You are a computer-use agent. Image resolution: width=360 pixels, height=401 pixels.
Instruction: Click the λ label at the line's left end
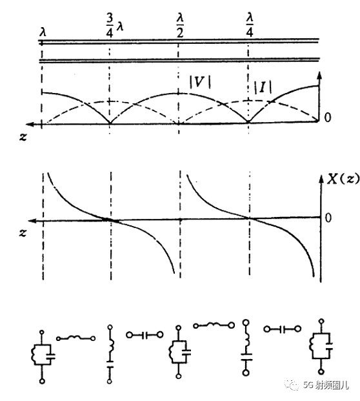point(43,32)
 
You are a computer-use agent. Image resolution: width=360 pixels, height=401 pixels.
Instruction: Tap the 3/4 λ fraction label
point(114,26)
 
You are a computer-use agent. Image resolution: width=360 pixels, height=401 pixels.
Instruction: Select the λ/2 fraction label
point(180,25)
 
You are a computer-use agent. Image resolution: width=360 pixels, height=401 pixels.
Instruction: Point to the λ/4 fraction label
point(250,25)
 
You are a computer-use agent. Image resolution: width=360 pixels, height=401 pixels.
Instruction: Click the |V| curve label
point(200,83)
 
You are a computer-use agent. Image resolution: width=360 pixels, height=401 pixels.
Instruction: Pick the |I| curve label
point(263,87)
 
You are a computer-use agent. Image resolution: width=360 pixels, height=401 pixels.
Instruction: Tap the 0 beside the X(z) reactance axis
point(328,218)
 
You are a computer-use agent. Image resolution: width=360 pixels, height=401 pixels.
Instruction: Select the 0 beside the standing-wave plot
point(327,118)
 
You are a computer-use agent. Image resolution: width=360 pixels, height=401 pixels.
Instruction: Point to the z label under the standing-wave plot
point(23,138)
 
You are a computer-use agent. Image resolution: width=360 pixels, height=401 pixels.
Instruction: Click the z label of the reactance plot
point(23,232)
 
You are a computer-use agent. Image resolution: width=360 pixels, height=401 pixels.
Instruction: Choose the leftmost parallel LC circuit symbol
point(43,356)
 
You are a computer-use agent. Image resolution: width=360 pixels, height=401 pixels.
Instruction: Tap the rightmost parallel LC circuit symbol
point(321,347)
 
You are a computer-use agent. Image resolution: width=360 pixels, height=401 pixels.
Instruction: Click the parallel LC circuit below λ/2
point(179,352)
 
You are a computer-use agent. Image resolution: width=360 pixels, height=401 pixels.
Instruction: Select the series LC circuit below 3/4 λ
point(110,355)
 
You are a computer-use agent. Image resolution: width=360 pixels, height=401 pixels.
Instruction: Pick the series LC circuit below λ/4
point(246,348)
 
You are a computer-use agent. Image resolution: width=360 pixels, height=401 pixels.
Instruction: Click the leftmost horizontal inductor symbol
point(76,338)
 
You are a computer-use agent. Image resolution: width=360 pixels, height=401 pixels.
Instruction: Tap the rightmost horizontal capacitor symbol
point(282,329)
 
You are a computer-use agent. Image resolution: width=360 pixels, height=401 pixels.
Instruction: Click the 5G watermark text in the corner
point(326,384)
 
